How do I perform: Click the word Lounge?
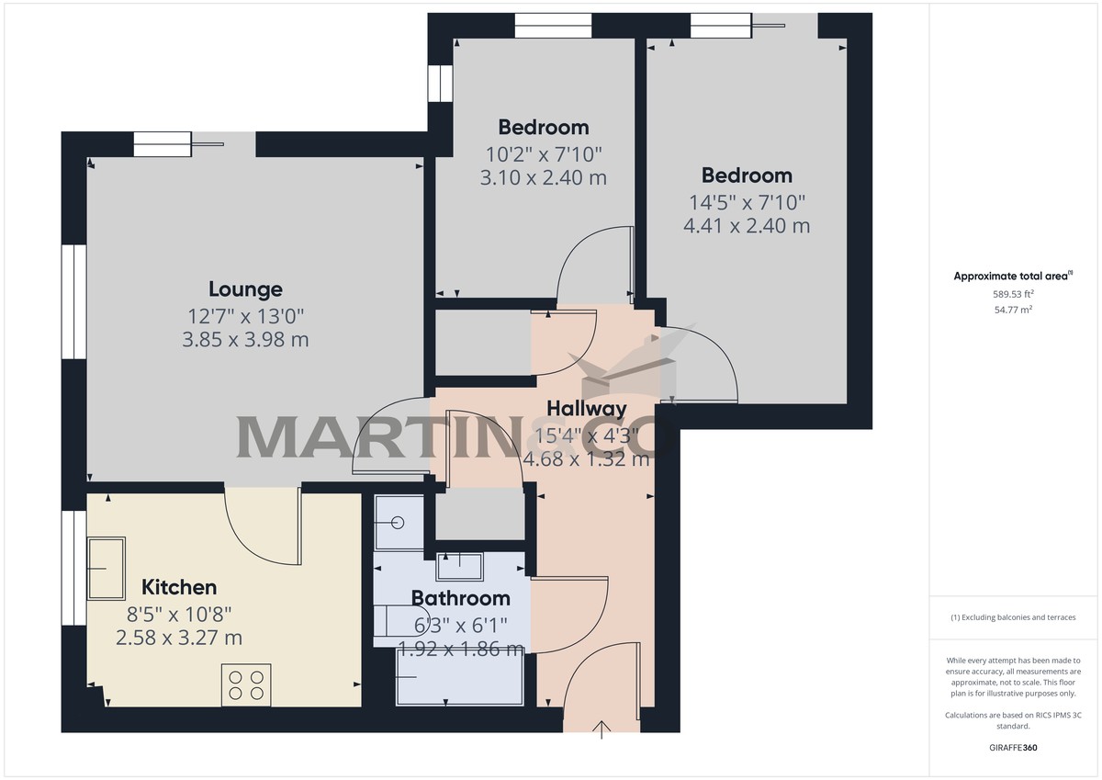[245, 289]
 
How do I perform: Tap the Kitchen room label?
[179, 587]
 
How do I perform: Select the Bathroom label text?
[460, 598]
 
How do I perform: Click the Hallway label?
[587, 409]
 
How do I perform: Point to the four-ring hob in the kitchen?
[246, 684]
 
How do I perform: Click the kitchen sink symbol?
[107, 568]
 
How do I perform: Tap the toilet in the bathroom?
[390, 623]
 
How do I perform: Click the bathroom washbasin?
[459, 565]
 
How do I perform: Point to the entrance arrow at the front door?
[602, 729]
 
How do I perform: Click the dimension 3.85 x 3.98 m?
[245, 340]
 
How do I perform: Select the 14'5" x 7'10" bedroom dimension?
[747, 201]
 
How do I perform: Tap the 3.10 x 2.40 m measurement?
[544, 177]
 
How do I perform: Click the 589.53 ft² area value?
[1013, 294]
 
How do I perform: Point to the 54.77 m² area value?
[1013, 311]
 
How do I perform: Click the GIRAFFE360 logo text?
[1013, 748]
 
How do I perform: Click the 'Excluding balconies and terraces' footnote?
[1013, 617]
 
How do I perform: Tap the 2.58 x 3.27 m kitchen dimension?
[179, 638]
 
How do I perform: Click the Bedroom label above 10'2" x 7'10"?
[544, 127]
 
